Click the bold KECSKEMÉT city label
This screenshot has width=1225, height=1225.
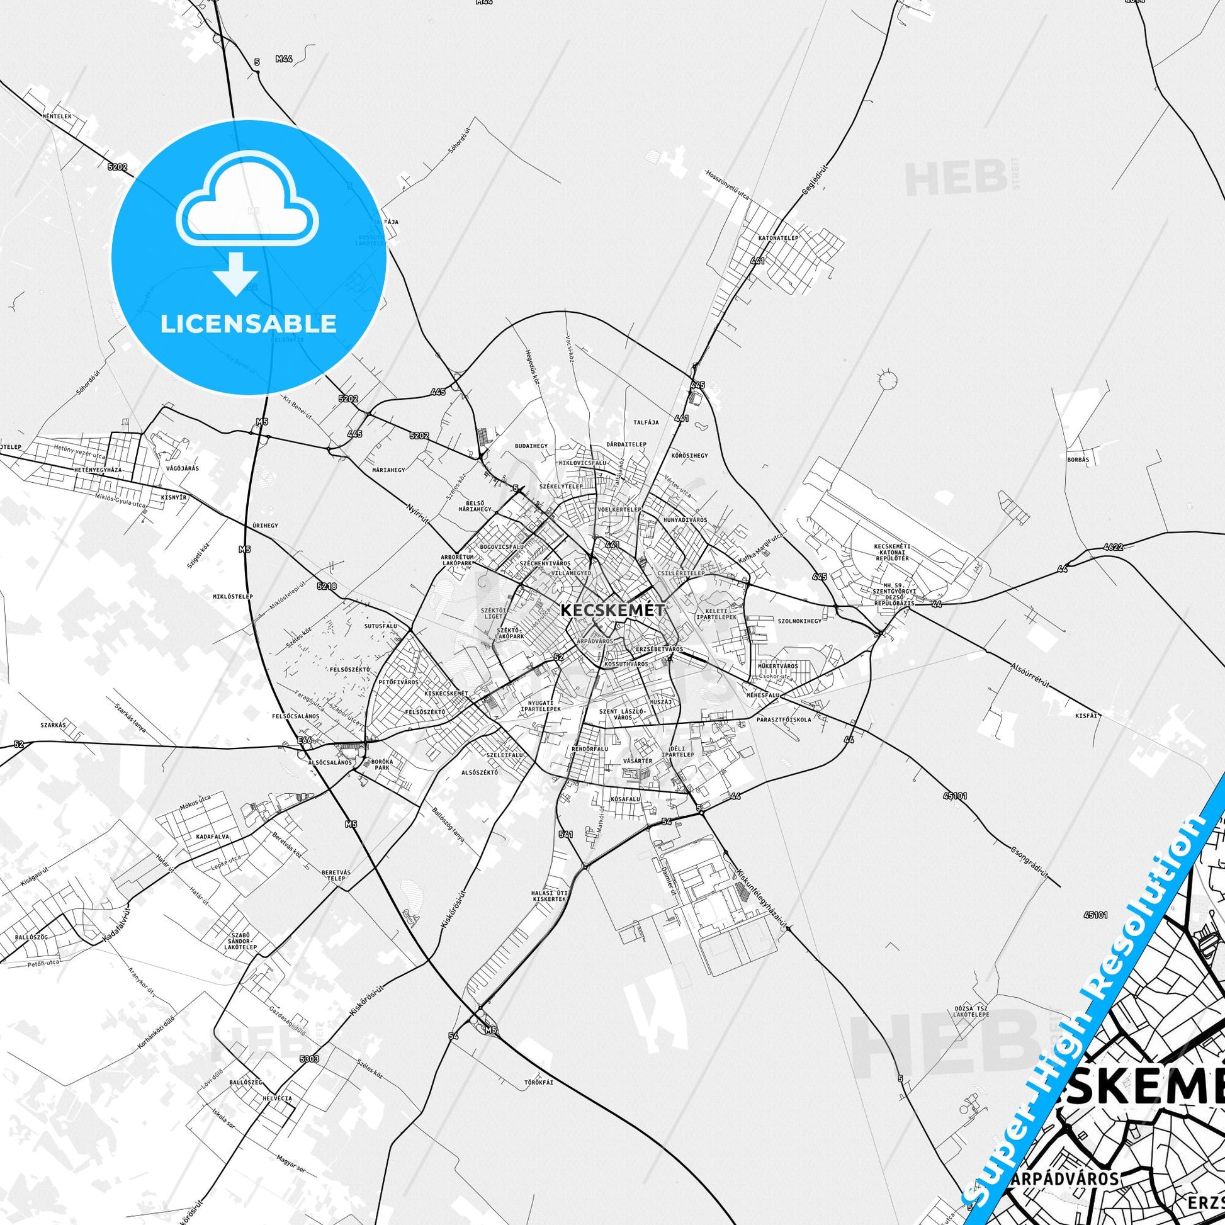pyautogui.click(x=612, y=610)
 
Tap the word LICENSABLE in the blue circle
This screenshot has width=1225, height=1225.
pyautogui.click(x=248, y=324)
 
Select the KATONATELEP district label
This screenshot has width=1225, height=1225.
pyautogui.click(x=778, y=238)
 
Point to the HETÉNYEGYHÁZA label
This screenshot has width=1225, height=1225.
pyautogui.click(x=98, y=470)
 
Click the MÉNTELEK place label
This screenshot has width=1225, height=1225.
pyautogui.click(x=57, y=116)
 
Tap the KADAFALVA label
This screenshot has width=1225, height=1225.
pyautogui.click(x=212, y=837)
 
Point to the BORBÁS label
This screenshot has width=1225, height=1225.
pyautogui.click(x=1078, y=458)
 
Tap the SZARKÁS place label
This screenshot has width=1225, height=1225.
pyautogui.click(x=54, y=724)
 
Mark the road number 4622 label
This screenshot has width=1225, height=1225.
pyautogui.click(x=1113, y=546)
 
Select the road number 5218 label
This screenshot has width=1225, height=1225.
pyautogui.click(x=327, y=587)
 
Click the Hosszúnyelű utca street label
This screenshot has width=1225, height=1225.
pyautogui.click(x=727, y=184)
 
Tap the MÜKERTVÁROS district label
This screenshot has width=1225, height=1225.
pyautogui.click(x=778, y=666)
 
